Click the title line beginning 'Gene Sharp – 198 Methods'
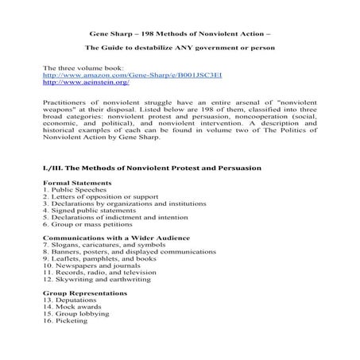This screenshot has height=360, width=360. pyautogui.click(x=180, y=34)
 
